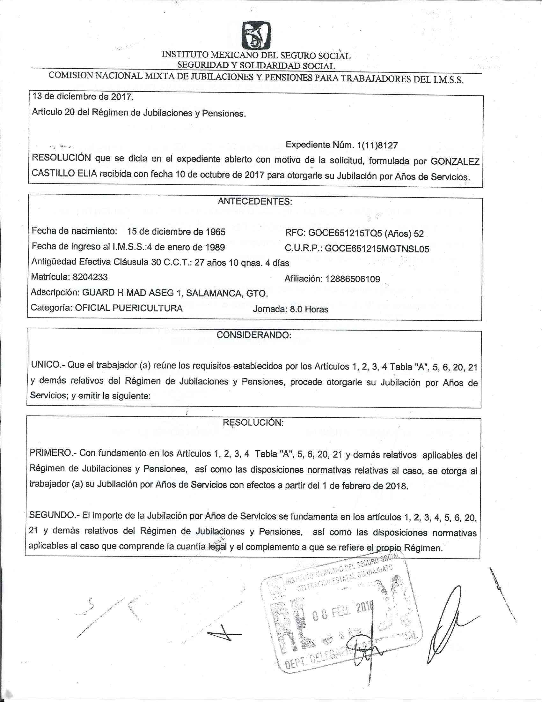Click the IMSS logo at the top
coord(256,36)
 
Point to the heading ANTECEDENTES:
coord(255,202)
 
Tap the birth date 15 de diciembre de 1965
coord(176,232)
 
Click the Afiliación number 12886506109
coord(353,279)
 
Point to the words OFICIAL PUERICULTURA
coord(129,308)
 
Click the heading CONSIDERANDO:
coord(254,335)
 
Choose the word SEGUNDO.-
coord(53,515)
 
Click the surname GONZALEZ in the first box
coord(455,161)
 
